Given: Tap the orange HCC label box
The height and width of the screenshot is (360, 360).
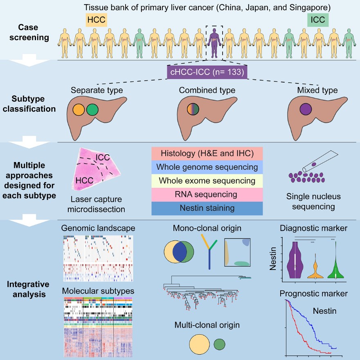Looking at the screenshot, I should tap(96, 19).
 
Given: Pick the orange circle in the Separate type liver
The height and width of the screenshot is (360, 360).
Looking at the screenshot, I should tap(79, 110).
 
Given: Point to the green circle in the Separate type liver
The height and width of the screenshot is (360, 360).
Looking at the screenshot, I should tap(92, 110).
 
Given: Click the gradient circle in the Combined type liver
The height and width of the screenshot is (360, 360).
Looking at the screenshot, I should tap(193, 110).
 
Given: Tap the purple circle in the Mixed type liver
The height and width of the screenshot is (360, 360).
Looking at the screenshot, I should tap(305, 110).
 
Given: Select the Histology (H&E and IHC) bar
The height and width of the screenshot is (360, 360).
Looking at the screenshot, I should tap(207, 153).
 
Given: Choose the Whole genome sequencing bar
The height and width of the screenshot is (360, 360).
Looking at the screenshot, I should tap(207, 167).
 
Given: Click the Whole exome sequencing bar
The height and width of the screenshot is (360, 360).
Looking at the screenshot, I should tap(207, 180).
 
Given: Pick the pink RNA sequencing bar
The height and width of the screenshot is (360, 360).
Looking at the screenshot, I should tap(207, 194).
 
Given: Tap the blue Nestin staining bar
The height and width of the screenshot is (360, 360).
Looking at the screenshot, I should tap(207, 208).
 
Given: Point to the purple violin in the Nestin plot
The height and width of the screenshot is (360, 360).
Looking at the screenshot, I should tap(295, 262).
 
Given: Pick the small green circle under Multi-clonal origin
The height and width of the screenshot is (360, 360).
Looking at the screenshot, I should tap(220, 344).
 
